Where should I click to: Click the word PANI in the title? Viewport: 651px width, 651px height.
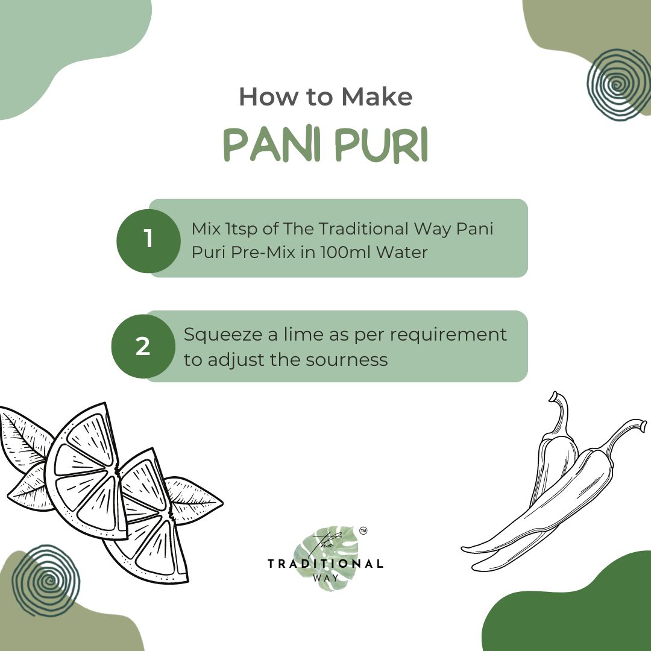click(272, 145)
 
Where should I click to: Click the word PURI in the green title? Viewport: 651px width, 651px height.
click(381, 145)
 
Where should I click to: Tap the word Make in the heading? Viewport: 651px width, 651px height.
click(377, 96)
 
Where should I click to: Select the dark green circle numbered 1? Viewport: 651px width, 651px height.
click(148, 241)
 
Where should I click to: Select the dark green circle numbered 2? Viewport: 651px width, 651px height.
click(143, 346)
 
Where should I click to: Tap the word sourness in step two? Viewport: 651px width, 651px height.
click(347, 360)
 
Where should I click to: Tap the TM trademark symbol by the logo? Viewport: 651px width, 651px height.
click(363, 530)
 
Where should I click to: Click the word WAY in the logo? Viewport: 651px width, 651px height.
click(325, 577)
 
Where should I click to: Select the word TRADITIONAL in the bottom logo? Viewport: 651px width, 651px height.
click(325, 564)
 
